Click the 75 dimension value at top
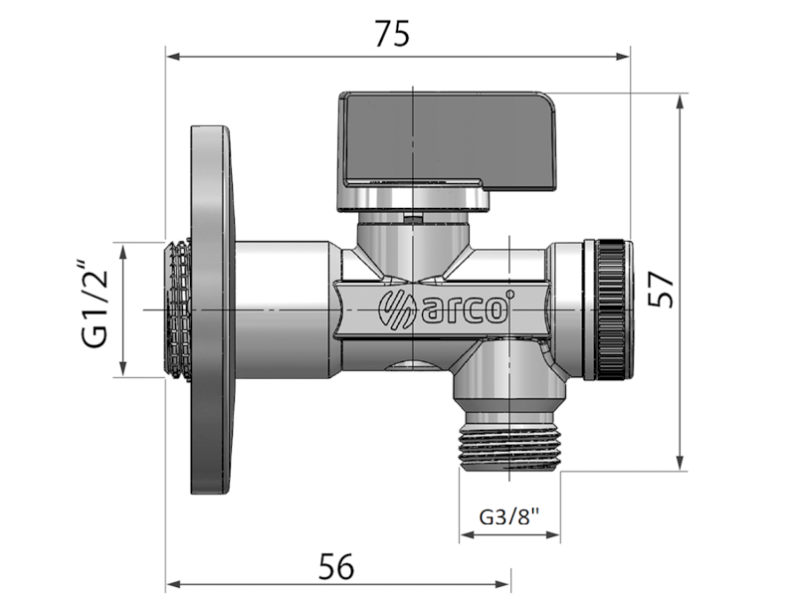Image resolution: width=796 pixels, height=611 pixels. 392,34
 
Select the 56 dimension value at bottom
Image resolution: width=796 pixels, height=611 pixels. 336,566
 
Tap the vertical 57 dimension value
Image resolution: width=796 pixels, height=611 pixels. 661,290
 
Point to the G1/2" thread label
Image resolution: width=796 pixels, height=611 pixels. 95,305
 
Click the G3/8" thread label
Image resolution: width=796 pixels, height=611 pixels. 509,517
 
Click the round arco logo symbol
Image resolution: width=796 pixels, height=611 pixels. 397,307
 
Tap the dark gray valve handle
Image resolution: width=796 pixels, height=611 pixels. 447,138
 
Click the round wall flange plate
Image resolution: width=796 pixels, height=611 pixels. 212,309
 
